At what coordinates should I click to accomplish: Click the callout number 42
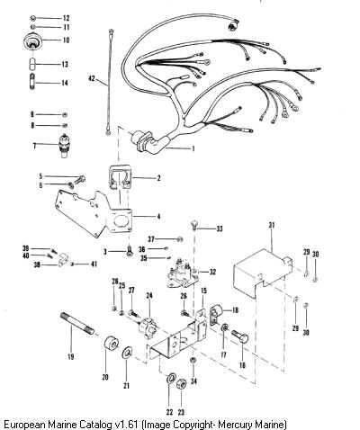point(92,78)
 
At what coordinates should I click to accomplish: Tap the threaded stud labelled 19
point(77,323)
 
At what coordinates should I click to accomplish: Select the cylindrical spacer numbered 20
point(112,344)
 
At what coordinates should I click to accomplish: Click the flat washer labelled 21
point(127,353)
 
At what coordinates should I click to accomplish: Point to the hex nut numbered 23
point(181,383)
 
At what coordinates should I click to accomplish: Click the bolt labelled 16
point(240,337)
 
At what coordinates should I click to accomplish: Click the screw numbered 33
point(194,226)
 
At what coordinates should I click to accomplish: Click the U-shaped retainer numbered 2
point(120,177)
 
